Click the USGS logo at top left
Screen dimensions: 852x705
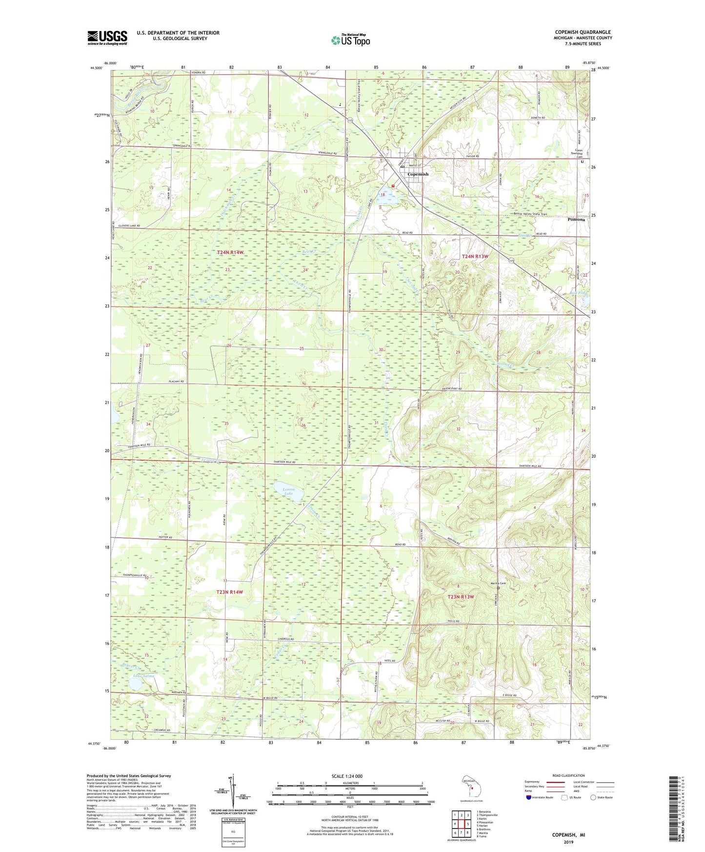[x=107, y=38]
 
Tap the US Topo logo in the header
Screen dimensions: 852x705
[x=350, y=40]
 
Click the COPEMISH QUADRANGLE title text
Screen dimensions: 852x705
[x=583, y=32]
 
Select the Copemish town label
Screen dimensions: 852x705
[x=418, y=174]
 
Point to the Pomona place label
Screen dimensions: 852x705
[x=576, y=220]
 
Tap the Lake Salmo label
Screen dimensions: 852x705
[x=144, y=676]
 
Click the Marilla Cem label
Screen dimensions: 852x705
[x=498, y=584]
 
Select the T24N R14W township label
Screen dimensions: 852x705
[x=230, y=252]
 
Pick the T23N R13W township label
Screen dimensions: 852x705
[x=461, y=597]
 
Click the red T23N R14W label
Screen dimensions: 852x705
[x=229, y=592]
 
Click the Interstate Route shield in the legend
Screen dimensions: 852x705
[x=529, y=797]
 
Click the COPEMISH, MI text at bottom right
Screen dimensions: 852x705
[x=568, y=835]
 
